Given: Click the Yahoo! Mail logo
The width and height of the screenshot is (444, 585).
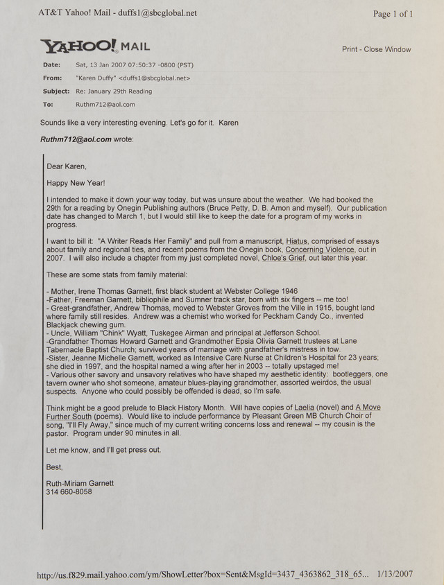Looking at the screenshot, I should tap(95, 46).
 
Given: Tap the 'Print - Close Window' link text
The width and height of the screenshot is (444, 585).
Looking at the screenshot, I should tap(376, 49).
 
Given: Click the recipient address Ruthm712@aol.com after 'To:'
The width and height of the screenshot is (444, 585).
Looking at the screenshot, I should tap(105, 104).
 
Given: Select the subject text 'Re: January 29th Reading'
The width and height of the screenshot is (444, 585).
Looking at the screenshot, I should tap(113, 91).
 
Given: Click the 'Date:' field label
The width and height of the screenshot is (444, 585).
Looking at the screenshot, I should tap(51, 65).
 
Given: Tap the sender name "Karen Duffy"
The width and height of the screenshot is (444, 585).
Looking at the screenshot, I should tap(96, 78).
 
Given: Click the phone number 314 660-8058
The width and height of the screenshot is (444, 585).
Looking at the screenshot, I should tap(69, 491).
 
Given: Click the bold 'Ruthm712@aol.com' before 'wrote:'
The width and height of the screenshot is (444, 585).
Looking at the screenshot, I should tap(76, 139).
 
